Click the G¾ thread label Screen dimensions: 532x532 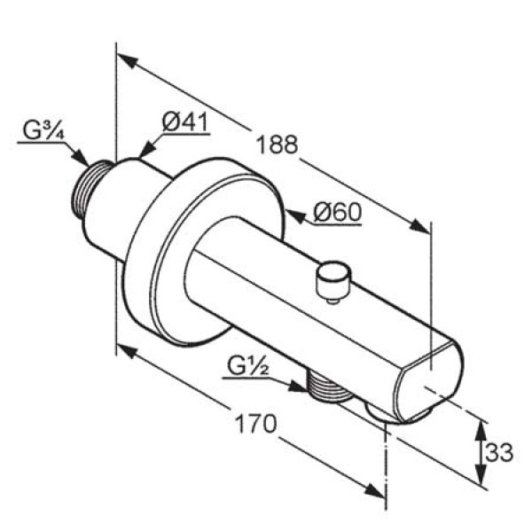click(43, 130)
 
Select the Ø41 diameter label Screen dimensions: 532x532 click(185, 122)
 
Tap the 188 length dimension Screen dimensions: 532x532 click(278, 145)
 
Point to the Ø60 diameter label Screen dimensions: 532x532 click(338, 212)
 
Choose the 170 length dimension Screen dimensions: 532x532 click(256, 424)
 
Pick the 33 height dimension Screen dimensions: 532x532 click(498, 452)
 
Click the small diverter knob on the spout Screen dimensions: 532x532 click(332, 280)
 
